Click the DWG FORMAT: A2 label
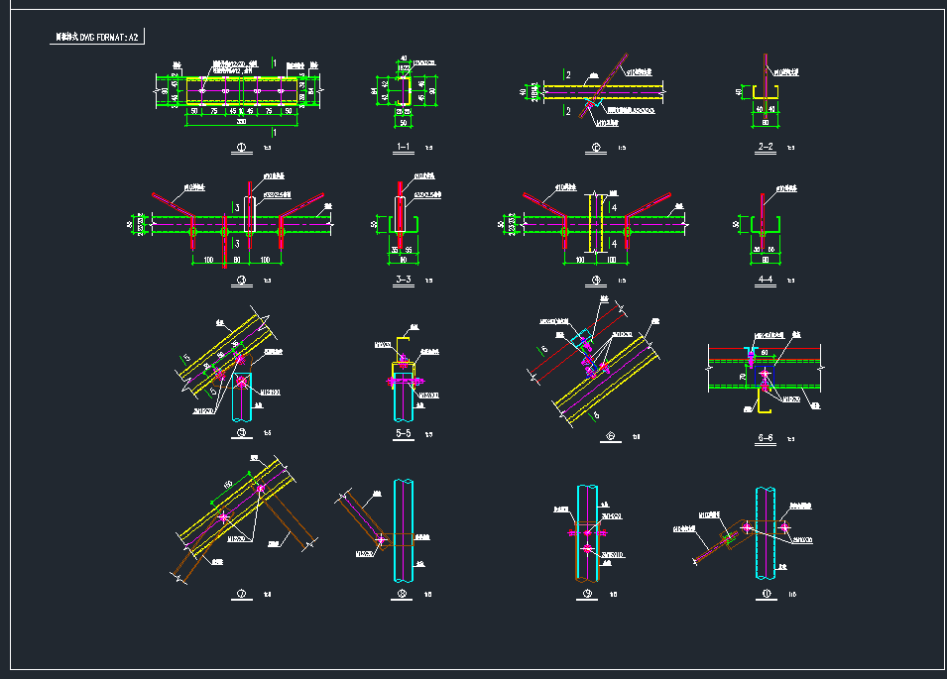point(98,38)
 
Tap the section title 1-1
point(403,148)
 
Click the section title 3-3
point(403,281)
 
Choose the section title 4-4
point(765,281)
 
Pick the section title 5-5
point(403,433)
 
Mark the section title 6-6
point(765,435)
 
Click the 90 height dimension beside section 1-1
point(433,92)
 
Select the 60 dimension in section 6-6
point(765,352)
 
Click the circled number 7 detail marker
point(240,595)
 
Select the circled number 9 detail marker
point(587,595)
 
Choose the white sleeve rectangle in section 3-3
point(400,214)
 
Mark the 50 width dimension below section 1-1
point(404,122)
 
